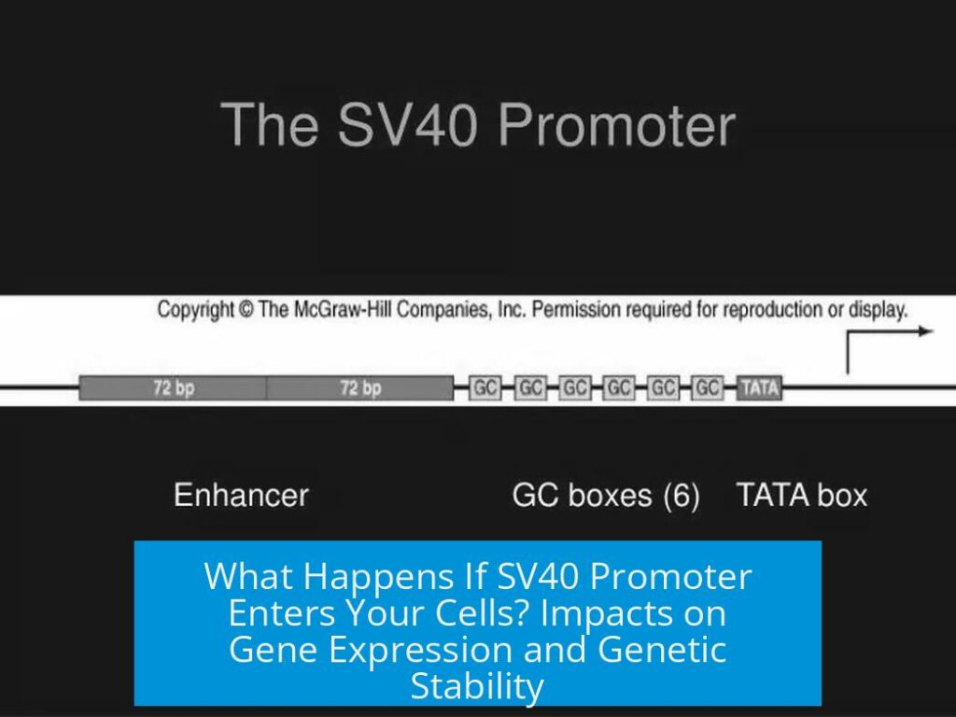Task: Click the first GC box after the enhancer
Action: point(485,387)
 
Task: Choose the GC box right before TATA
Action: point(708,387)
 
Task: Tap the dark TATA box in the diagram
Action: point(759,387)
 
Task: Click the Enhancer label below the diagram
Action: point(241,495)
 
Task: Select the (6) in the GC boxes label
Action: point(682,495)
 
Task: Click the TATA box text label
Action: point(802,495)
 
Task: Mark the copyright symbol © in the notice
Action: point(246,310)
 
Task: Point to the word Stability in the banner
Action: point(477,685)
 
